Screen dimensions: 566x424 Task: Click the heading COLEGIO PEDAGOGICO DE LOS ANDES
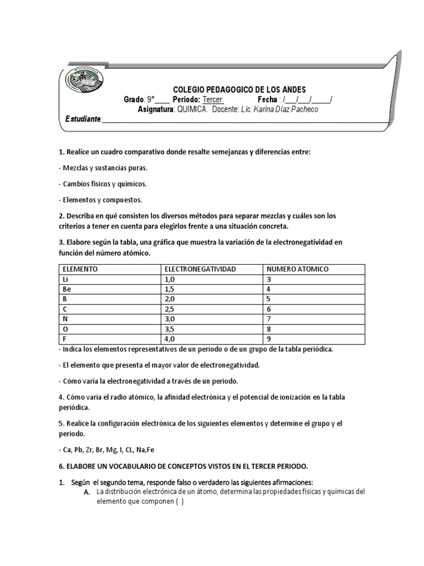(x=239, y=90)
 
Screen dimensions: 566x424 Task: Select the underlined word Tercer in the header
(x=213, y=99)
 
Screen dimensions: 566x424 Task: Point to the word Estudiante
(x=83, y=119)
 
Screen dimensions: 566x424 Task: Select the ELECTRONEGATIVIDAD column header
(x=200, y=269)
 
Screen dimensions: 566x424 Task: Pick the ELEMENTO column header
(x=80, y=269)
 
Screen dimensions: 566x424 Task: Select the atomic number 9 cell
(x=268, y=339)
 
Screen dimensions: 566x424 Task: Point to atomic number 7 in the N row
(x=268, y=319)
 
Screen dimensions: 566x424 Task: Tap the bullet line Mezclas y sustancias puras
(x=103, y=167)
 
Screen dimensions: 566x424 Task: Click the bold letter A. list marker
(x=87, y=492)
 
